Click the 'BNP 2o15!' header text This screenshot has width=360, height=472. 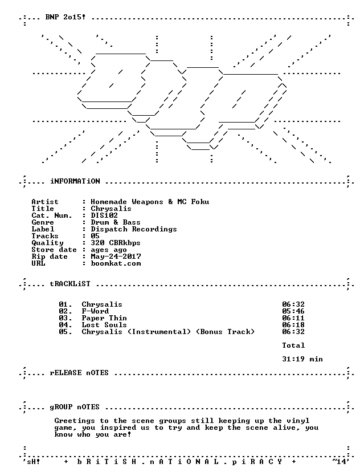point(66,17)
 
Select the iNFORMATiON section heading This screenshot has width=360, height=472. point(75,181)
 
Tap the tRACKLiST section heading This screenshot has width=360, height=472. point(70,284)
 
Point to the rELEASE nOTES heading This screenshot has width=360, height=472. point(79,373)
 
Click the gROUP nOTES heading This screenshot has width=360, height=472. point(75,407)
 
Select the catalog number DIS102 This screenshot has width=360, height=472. point(104,215)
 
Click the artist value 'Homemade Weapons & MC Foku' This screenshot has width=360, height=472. point(150,202)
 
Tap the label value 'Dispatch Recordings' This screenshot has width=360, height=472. point(134,229)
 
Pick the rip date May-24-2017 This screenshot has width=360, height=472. point(116,257)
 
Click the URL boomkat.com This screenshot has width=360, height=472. point(116,263)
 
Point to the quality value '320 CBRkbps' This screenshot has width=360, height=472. point(116,243)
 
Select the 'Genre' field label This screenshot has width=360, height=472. point(43,222)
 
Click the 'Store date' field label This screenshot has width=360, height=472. point(54,250)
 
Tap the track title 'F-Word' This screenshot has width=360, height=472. point(95,311)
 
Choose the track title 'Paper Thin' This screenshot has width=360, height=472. point(104,318)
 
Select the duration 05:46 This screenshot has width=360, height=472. point(293,311)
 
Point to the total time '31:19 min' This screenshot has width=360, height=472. point(302,359)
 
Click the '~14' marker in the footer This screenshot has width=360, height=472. point(340,462)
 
